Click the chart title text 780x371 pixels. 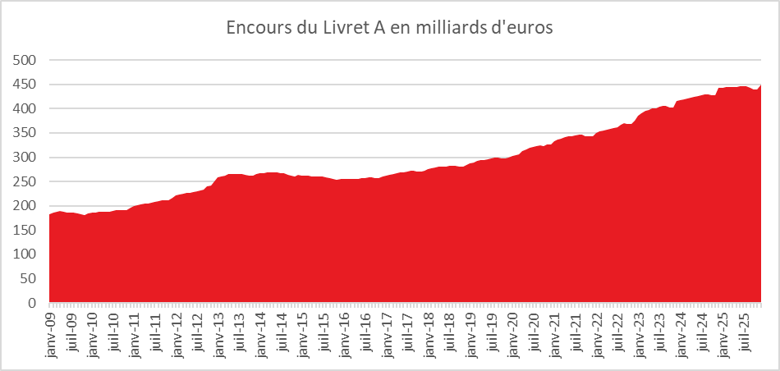click(389, 28)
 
